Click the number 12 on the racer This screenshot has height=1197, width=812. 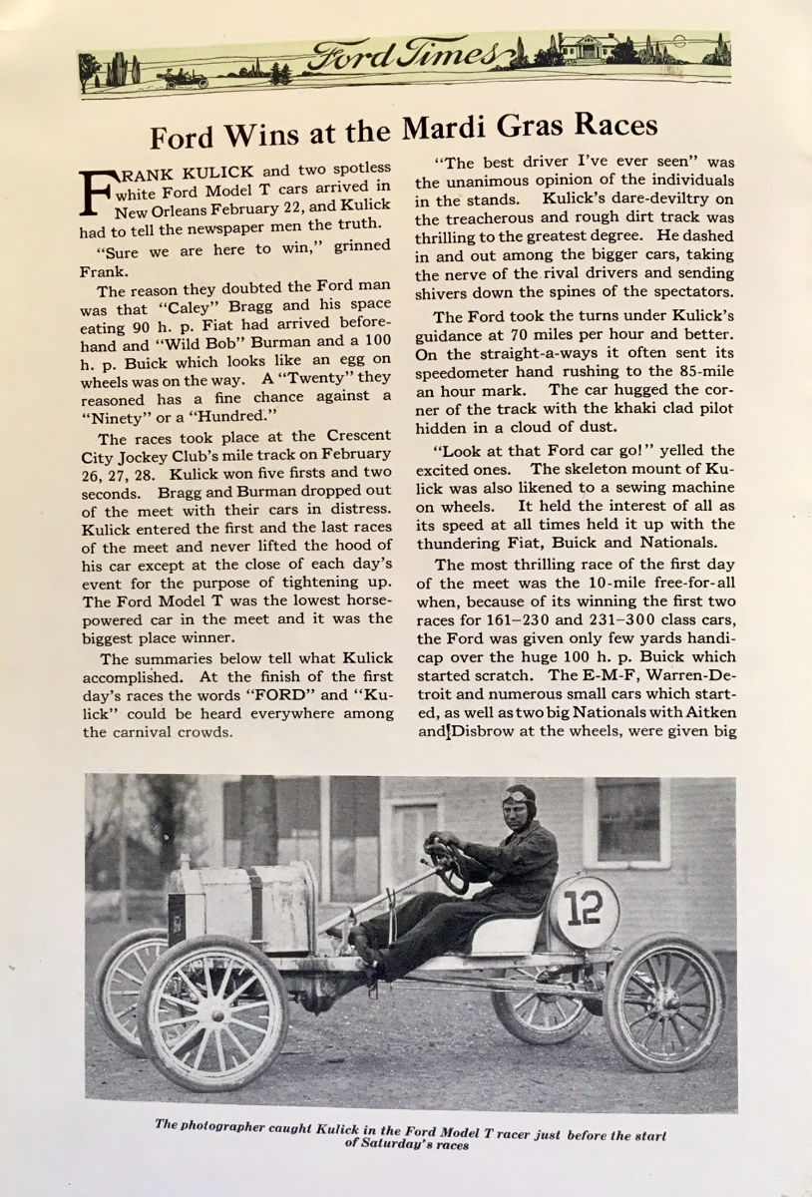pos(584,908)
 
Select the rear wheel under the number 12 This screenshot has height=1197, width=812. pos(664,1000)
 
